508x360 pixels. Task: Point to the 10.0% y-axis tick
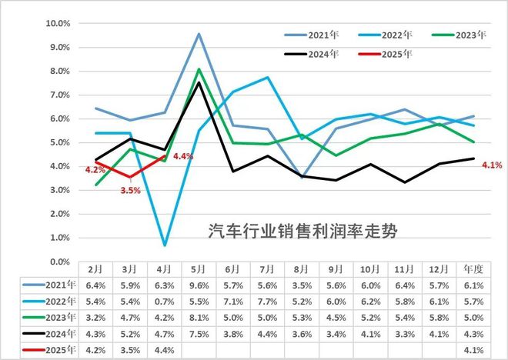58,23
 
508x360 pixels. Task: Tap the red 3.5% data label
129,190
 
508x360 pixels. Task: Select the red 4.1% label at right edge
493,164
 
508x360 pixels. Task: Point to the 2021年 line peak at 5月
199,34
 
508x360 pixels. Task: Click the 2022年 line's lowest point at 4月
165,245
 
